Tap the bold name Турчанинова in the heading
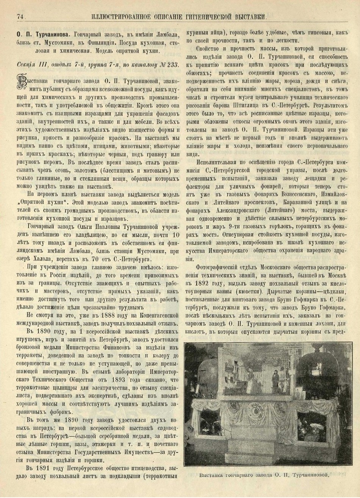coord(52,33)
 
